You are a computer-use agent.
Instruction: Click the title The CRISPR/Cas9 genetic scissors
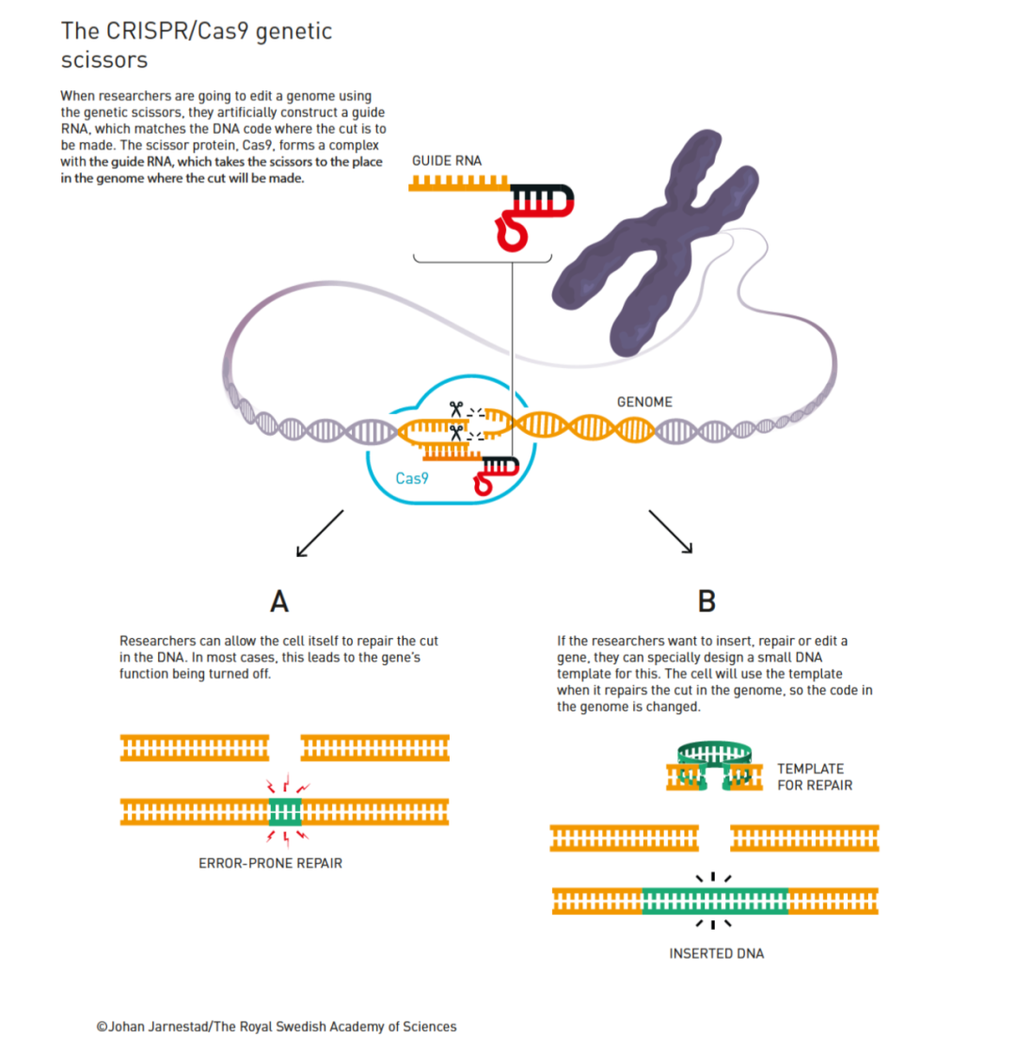[197, 44]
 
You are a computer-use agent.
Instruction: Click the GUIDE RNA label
[447, 161]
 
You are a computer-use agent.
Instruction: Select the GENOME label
[644, 402]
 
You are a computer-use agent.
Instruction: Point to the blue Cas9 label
[412, 478]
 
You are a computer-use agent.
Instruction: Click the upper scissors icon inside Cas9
[455, 409]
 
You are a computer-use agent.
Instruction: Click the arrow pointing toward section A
[320, 533]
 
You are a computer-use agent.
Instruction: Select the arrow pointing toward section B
[670, 532]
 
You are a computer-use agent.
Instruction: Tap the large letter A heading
[278, 600]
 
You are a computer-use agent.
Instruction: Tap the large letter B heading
[707, 600]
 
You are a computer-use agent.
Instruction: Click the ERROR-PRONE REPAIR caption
[270, 862]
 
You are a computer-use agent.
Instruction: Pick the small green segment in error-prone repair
[284, 810]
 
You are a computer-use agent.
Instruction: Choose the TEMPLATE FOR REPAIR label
[815, 776]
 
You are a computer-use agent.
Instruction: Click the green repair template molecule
[716, 758]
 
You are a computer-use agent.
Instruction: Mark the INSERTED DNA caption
[716, 953]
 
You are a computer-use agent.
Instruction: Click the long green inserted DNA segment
[715, 901]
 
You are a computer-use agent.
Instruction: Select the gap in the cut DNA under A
[281, 748]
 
